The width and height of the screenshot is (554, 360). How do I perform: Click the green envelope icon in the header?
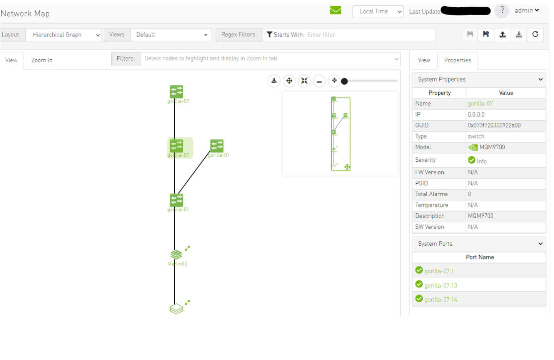[x=335, y=10]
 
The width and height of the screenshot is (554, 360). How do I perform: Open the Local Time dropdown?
[x=377, y=12]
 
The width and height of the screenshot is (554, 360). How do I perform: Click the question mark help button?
[x=502, y=11]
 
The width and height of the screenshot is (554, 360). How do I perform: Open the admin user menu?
[x=527, y=11]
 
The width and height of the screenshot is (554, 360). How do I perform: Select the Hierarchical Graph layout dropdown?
[x=64, y=35]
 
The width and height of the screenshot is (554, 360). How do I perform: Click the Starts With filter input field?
[x=369, y=35]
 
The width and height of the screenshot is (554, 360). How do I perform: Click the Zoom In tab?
[x=42, y=60]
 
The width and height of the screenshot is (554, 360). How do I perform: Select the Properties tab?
[x=457, y=60]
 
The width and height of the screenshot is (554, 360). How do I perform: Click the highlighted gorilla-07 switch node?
[x=177, y=146]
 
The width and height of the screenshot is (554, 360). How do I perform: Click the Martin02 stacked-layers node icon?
[x=176, y=255]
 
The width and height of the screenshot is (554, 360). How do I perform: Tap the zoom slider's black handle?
[x=344, y=81]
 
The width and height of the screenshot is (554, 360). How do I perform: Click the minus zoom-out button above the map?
[x=319, y=81]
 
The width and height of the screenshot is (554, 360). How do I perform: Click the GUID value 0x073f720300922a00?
[x=494, y=126]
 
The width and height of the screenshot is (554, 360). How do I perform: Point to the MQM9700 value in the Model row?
[x=492, y=147]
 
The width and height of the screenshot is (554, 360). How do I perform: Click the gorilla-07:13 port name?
[x=441, y=286]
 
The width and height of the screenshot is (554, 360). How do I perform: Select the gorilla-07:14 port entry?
[x=441, y=300]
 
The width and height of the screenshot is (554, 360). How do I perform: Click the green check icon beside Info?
[x=472, y=160]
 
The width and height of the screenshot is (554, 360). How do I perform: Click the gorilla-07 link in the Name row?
[x=480, y=104]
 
